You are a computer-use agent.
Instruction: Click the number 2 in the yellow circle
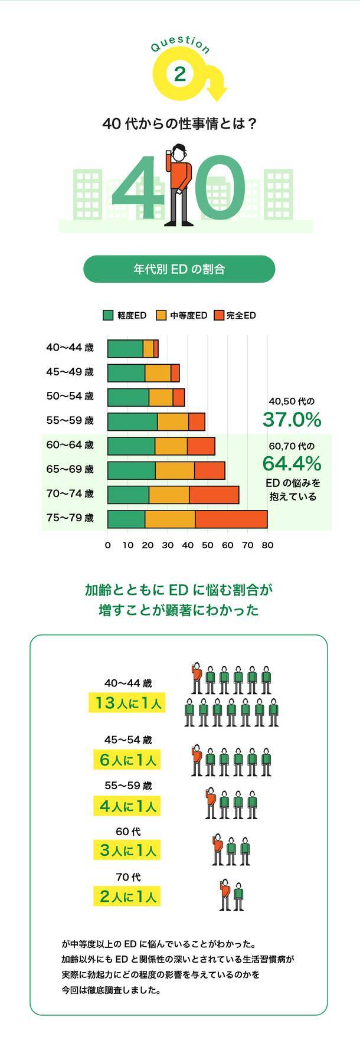point(180,74)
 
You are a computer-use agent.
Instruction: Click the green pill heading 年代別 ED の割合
point(179,269)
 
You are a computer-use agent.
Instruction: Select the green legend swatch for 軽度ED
point(108,315)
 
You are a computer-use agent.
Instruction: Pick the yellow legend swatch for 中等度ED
point(161,315)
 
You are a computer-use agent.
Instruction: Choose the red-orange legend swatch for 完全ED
point(218,315)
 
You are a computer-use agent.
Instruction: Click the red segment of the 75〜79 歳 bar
point(231,518)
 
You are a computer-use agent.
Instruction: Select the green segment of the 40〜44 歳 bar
point(125,349)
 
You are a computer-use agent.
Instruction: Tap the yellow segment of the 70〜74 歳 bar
point(169,494)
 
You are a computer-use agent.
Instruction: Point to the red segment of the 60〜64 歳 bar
point(201,446)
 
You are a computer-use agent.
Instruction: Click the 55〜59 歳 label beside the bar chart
point(70,421)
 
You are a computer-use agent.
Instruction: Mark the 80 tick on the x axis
point(267,545)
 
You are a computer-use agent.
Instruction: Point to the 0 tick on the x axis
point(107,545)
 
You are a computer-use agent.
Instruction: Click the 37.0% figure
point(292,420)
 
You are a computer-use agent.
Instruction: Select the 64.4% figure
point(292,462)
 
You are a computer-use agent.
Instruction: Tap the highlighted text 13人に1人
point(126,703)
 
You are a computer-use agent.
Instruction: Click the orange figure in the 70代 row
point(224,896)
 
